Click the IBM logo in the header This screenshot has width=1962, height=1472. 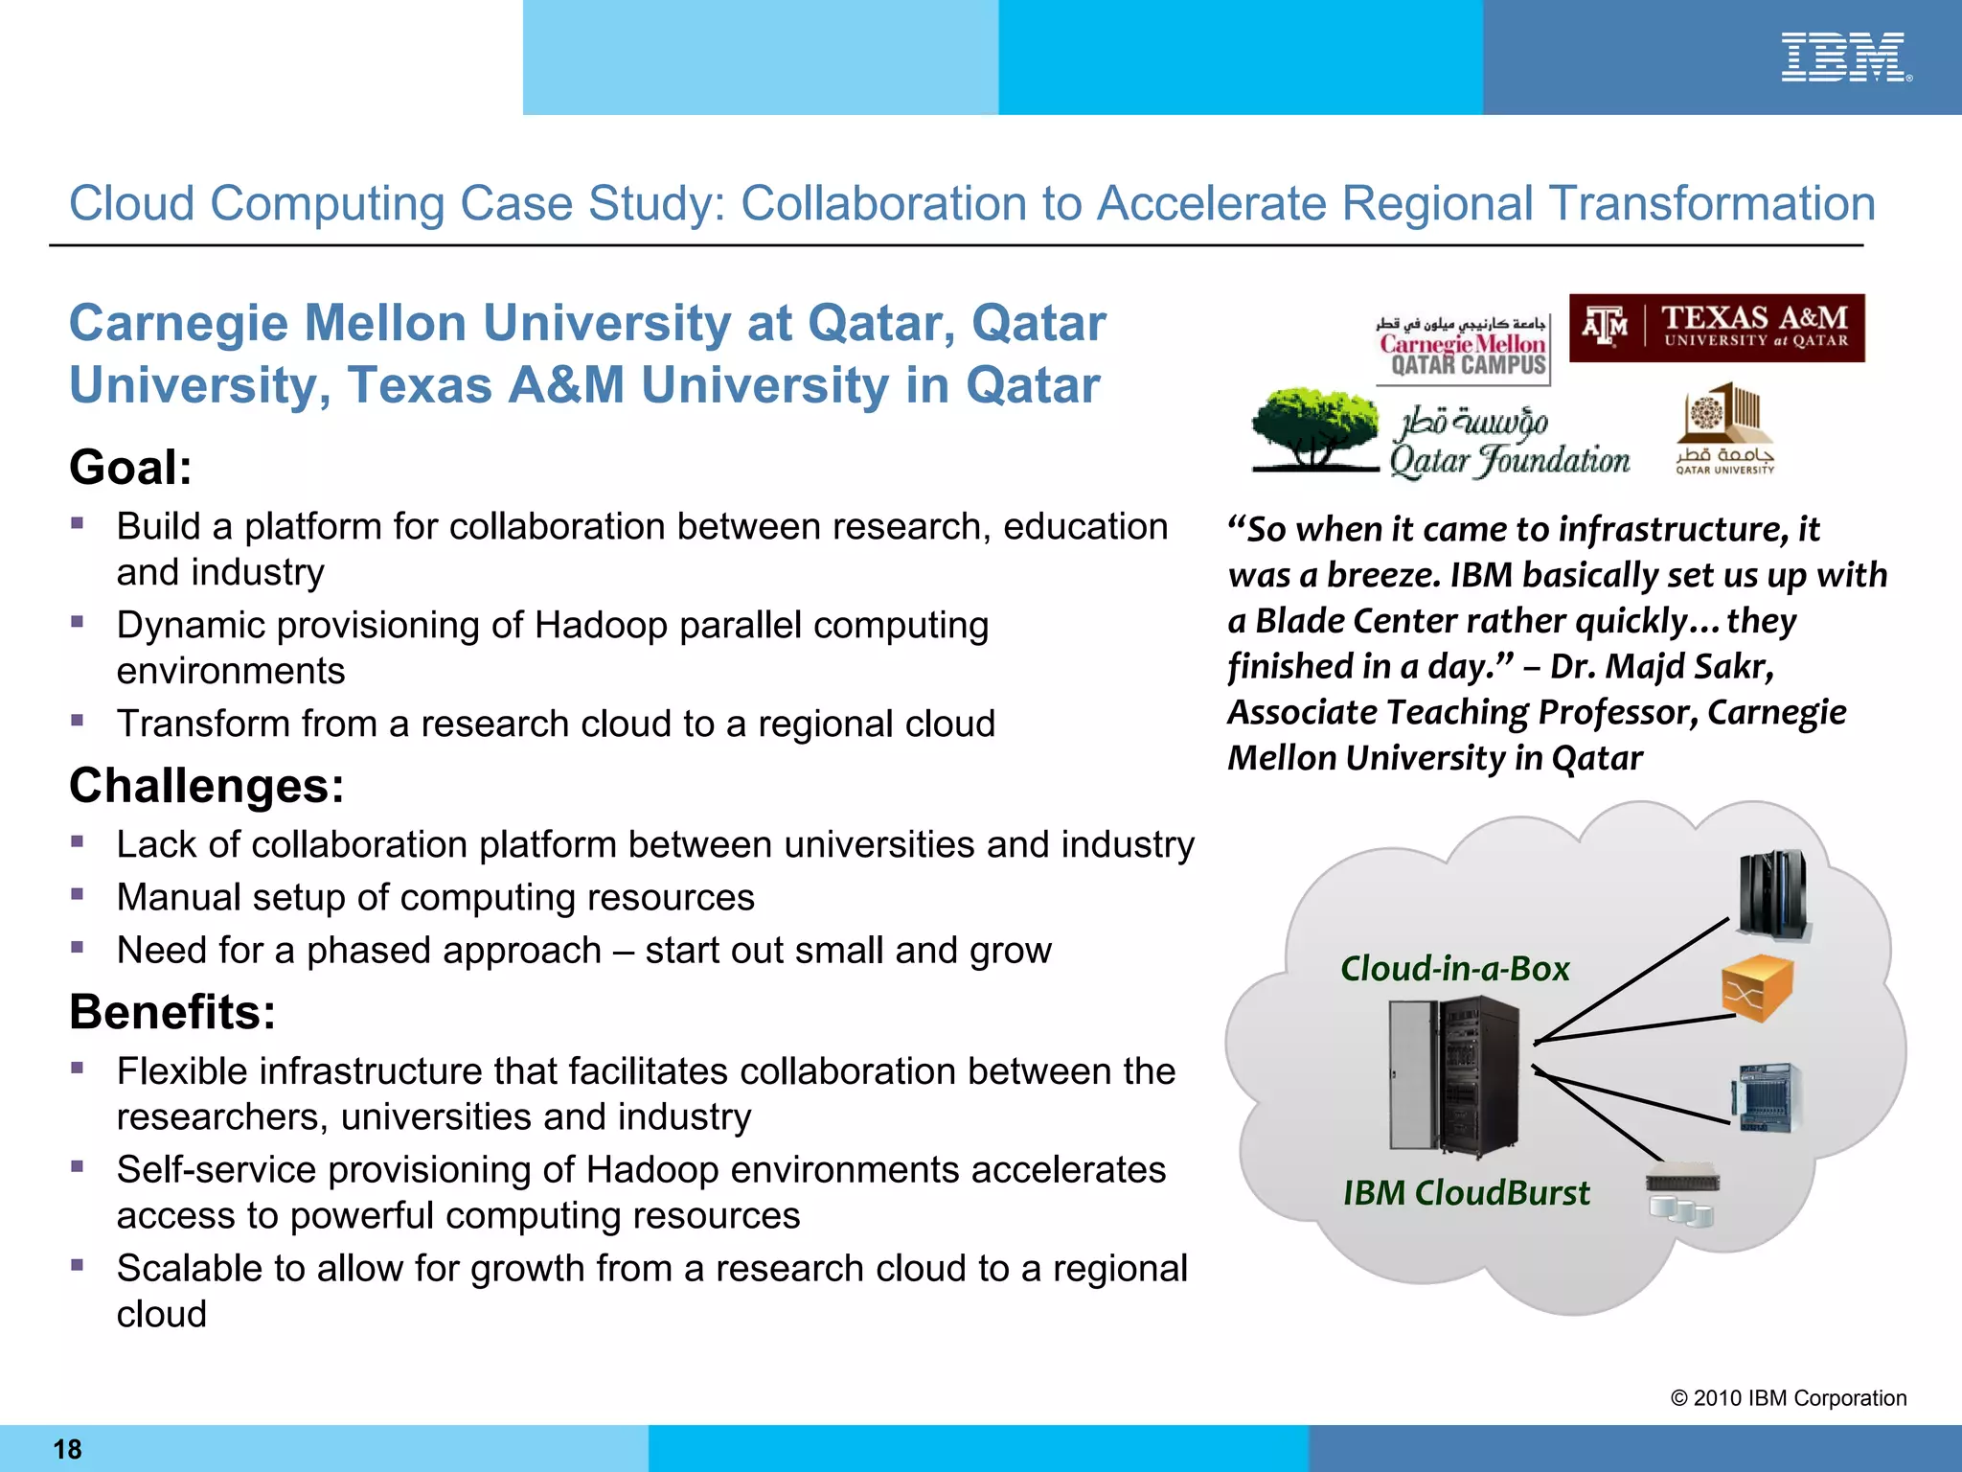tap(1844, 57)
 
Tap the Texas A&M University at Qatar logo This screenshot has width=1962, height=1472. tap(1717, 328)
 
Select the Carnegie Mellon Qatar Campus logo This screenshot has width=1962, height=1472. tap(1462, 346)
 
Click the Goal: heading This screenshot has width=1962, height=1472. tap(130, 468)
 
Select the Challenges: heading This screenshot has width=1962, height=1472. tap(206, 786)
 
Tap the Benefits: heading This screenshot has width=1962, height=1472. tap(172, 1012)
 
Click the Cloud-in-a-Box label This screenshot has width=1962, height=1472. tap(1454, 969)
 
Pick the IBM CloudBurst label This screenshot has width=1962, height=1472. tap(1466, 1193)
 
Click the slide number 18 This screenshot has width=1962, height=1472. tap(67, 1449)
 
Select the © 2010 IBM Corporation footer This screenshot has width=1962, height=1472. tap(1788, 1398)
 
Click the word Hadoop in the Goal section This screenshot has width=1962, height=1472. tap(593, 626)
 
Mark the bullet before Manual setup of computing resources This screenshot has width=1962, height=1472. tap(78, 894)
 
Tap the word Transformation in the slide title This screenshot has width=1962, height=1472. tap(1712, 204)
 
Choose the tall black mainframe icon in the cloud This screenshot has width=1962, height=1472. tap(1773, 893)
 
